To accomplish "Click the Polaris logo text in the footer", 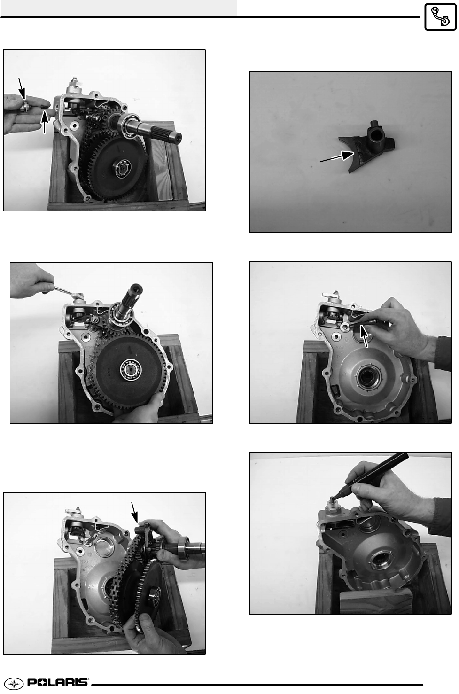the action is pyautogui.click(x=58, y=683).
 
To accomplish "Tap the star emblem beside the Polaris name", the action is pyautogui.click(x=14, y=683).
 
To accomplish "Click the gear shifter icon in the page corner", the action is pyautogui.click(x=440, y=16).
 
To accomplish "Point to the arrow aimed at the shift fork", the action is pyautogui.click(x=337, y=157).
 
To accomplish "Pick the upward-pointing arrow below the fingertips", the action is pyautogui.click(x=45, y=122).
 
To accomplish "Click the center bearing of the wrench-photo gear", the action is pyautogui.click(x=131, y=369).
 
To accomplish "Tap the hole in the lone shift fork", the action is pyautogui.click(x=376, y=135).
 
